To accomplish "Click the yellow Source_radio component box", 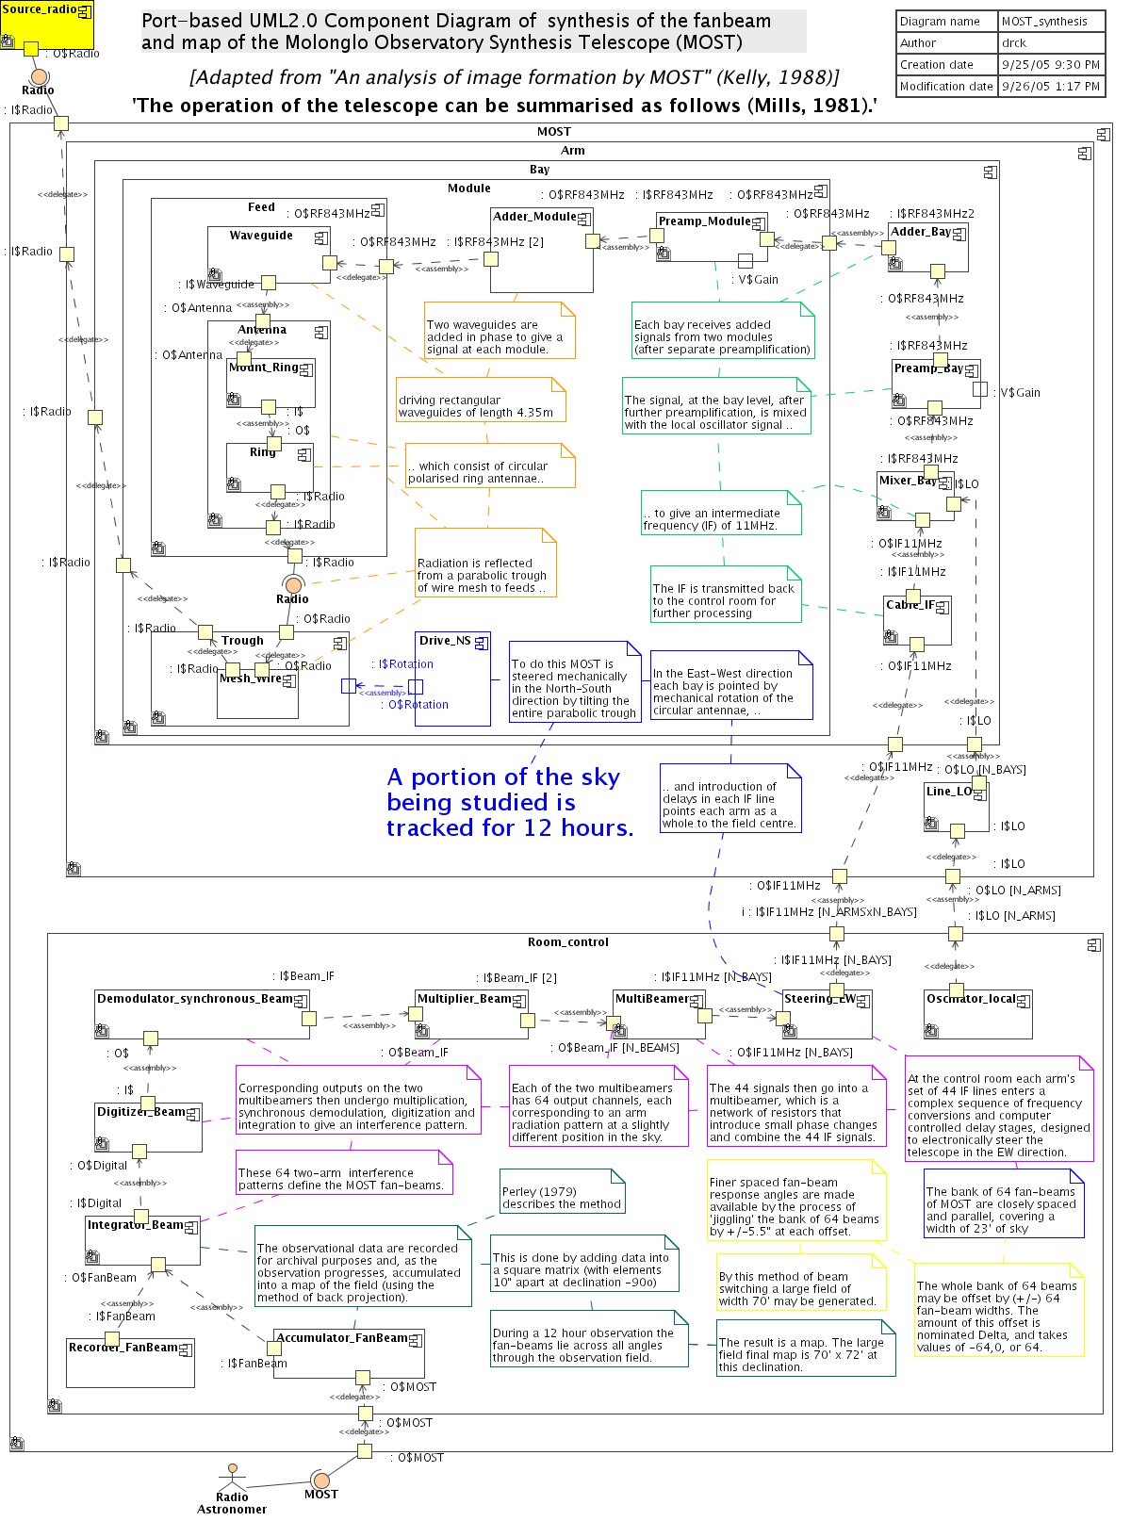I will tap(46, 25).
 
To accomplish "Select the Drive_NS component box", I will tap(452, 679).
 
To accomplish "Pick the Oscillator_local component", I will tap(978, 1013).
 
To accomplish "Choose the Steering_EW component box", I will tap(827, 1014).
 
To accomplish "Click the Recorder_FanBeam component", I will tap(130, 1362).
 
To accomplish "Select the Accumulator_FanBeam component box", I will tap(349, 1353).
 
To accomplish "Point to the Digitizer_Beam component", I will tap(148, 1126).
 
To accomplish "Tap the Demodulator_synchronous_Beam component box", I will tap(202, 1014).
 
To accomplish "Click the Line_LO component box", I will tap(957, 807).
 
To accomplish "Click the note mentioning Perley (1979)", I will tap(562, 1191).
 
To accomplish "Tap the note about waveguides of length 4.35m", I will tap(481, 400).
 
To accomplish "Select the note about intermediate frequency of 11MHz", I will tap(721, 514).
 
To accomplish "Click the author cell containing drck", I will tap(1050, 42).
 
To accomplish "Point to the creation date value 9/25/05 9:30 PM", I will tap(1050, 64).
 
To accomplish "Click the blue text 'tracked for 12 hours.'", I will tap(510, 827).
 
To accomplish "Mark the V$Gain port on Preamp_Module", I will tap(745, 260).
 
